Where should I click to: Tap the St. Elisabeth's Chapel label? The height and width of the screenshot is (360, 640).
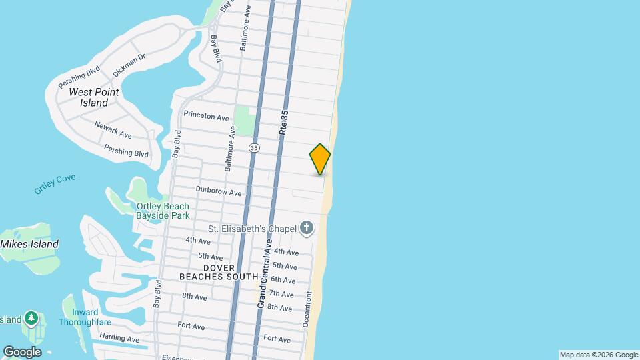pos(251,229)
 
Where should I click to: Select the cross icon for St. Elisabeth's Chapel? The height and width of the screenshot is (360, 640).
pos(306,229)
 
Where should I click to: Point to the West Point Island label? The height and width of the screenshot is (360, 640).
pos(93,97)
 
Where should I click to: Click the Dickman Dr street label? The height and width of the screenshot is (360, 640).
pos(129,64)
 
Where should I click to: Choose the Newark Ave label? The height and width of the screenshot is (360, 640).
pos(113,129)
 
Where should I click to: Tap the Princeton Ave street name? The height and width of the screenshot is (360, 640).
pos(206,116)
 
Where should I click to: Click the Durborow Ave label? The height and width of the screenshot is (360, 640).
pos(218,191)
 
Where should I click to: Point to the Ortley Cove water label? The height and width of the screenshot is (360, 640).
pos(55,185)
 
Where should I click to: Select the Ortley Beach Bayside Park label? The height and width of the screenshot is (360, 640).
pos(163,211)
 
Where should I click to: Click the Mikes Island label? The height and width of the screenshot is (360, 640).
pos(29,244)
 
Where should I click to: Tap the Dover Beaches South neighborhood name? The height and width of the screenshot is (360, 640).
pos(219,272)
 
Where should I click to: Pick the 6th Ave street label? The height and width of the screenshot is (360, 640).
pos(283,280)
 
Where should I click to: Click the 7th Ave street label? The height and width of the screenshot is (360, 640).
pos(282,294)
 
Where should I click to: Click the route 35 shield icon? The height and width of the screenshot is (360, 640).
pos(254,147)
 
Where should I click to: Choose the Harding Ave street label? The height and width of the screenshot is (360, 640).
pos(120,339)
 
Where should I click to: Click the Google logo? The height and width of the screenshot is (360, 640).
pos(21,351)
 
